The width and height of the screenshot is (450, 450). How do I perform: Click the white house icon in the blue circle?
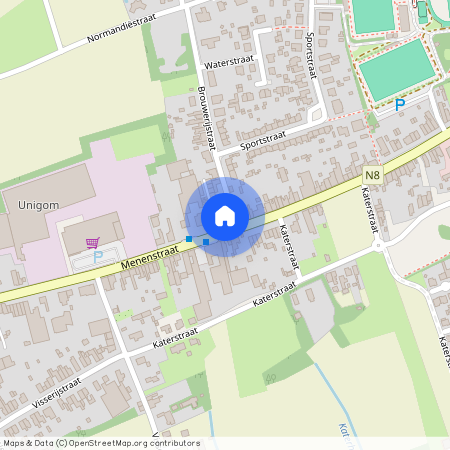[225, 216]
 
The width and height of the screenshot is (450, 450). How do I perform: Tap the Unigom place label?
[38, 204]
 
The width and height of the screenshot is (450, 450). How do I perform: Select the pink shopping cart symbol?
[93, 241]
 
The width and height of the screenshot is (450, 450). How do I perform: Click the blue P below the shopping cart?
[98, 255]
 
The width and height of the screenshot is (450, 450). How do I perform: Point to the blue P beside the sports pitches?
[400, 104]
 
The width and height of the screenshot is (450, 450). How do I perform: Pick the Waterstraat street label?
[229, 62]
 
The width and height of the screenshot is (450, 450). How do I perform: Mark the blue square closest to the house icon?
[206, 241]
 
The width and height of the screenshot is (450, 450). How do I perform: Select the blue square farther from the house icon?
[189, 238]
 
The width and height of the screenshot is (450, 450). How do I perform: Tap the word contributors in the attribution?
[177, 443]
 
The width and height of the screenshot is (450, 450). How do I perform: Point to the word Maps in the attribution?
[15, 443]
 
